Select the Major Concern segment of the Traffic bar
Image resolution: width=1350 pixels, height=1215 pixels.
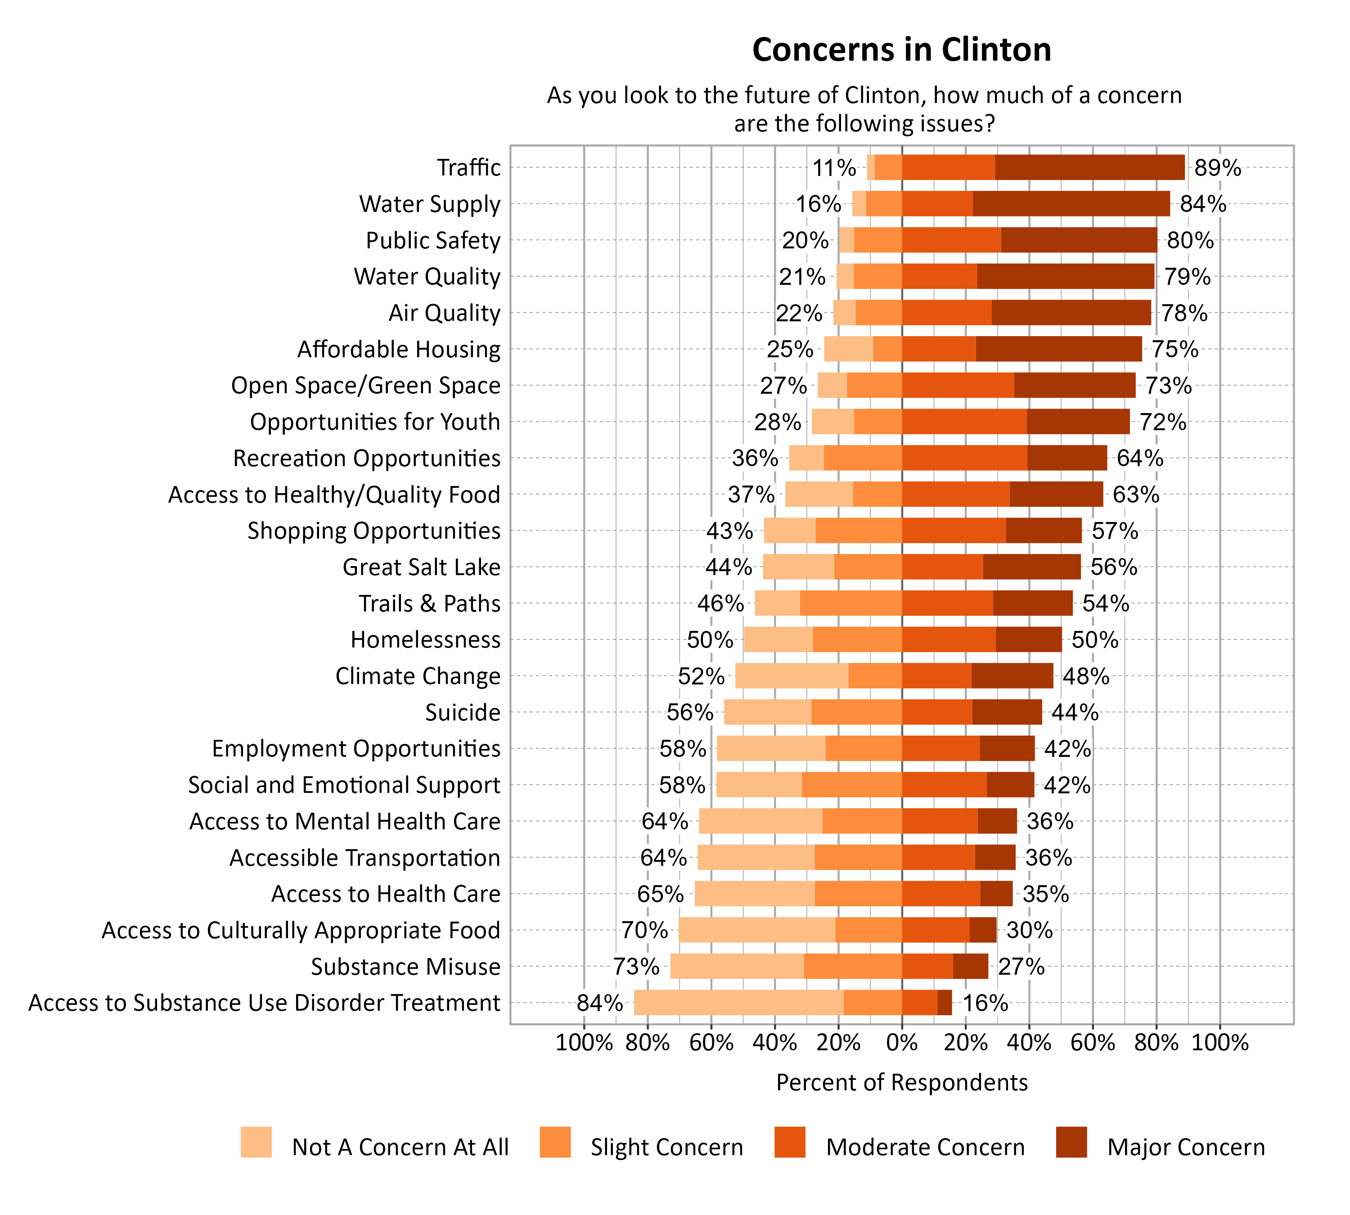(x=1089, y=167)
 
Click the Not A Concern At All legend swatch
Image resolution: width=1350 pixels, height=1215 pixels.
(x=256, y=1142)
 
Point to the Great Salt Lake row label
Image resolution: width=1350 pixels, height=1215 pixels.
(x=421, y=567)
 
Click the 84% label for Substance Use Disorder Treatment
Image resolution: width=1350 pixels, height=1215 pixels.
(x=599, y=1003)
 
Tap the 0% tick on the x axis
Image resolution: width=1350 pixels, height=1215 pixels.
(x=901, y=1043)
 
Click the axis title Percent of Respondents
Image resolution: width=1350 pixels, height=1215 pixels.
(x=901, y=1082)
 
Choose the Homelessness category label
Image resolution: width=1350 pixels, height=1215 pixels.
(x=425, y=639)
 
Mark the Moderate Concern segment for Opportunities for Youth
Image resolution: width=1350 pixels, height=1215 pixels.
(x=963, y=422)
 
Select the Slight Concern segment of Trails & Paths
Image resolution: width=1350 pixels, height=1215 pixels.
(x=850, y=603)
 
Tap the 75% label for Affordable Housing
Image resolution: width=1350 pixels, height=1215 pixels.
(x=1174, y=349)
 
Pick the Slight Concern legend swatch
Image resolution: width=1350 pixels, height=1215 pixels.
(x=555, y=1142)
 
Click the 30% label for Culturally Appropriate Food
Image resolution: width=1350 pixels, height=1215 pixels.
(x=1029, y=930)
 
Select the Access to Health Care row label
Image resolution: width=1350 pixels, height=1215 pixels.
(x=385, y=894)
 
